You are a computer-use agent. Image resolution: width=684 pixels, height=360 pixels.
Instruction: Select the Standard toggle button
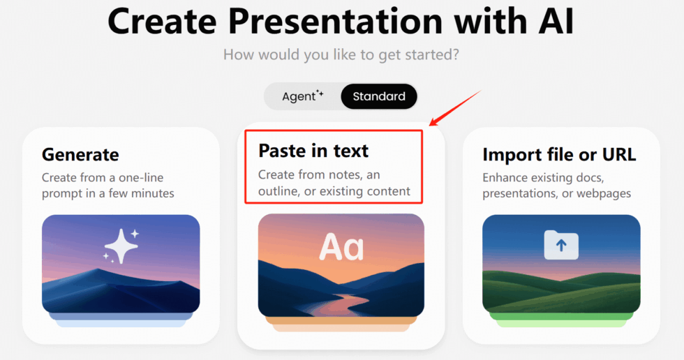(x=379, y=96)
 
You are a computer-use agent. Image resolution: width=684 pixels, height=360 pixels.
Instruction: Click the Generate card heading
(x=80, y=154)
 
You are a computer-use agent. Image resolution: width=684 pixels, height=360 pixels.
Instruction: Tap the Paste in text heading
(x=313, y=150)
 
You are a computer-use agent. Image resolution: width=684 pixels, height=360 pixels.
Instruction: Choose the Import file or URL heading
(x=559, y=154)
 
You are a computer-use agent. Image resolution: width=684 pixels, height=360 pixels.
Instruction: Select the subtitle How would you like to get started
(x=341, y=54)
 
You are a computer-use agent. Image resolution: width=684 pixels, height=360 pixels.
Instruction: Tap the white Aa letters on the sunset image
(x=341, y=247)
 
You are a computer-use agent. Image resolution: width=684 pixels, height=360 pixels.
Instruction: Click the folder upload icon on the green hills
(x=561, y=245)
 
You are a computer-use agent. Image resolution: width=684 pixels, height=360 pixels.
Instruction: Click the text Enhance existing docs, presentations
(x=556, y=186)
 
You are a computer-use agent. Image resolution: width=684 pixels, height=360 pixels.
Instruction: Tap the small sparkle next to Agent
(x=320, y=93)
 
